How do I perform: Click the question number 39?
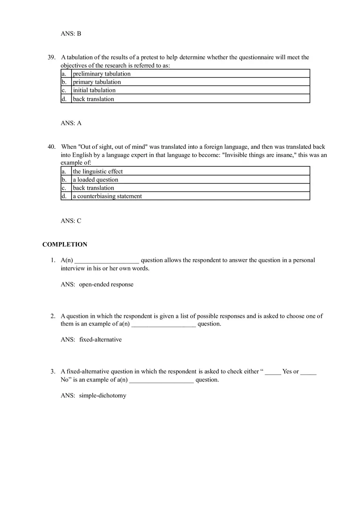pos(52,57)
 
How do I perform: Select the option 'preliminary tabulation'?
pos(101,74)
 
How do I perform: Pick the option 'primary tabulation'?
pos(97,82)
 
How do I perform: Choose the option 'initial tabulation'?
pos(94,90)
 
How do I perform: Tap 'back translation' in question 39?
pos(93,99)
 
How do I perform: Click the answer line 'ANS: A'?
pos(71,123)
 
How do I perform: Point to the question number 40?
pos(52,147)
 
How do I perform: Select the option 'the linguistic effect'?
pos(98,171)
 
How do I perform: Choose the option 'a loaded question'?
pos(95,180)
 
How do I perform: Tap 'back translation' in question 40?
pos(93,188)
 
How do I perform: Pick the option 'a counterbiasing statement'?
pos(107,196)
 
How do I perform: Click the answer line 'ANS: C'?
pos(71,221)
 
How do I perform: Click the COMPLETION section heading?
pos(65,245)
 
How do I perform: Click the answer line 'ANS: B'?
pos(71,34)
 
